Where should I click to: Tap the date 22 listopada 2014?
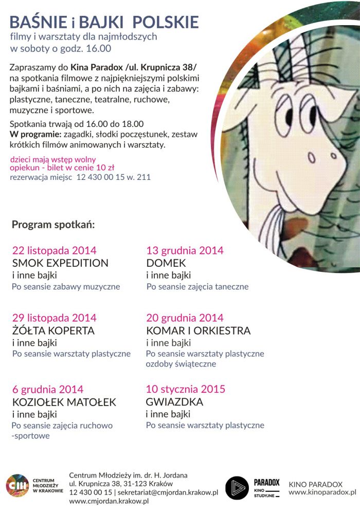click(54, 251)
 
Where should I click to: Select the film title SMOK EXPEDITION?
click(60, 263)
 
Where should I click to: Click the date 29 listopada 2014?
click(54, 318)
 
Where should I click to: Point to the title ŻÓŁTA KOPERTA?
click(53, 331)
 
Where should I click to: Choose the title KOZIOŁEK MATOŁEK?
click(64, 402)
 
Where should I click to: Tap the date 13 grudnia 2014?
click(185, 251)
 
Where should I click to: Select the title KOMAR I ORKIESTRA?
click(199, 331)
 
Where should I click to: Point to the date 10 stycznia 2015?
click(186, 389)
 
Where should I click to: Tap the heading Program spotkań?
click(53, 225)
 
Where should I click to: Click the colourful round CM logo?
click(17, 486)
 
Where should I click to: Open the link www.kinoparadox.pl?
click(322, 492)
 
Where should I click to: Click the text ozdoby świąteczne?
click(181, 364)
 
